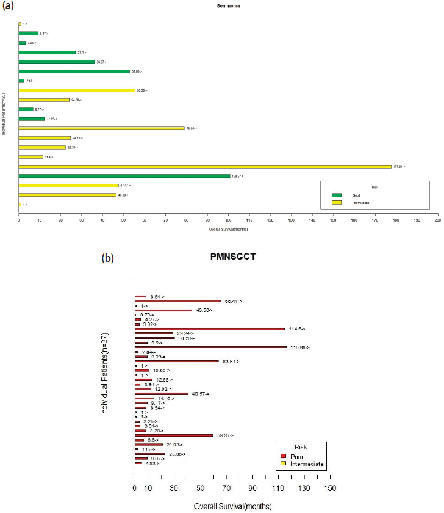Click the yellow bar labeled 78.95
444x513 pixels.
pyautogui.click(x=101, y=128)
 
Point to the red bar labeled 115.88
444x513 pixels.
pyautogui.click(x=210, y=347)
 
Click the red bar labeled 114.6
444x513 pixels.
pyautogui.click(x=210, y=329)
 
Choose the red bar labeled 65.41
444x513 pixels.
pyautogui.click(x=177, y=301)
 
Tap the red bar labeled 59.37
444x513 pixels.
pyautogui.click(x=174, y=435)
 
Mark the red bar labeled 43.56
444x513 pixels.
pyautogui.click(x=163, y=310)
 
